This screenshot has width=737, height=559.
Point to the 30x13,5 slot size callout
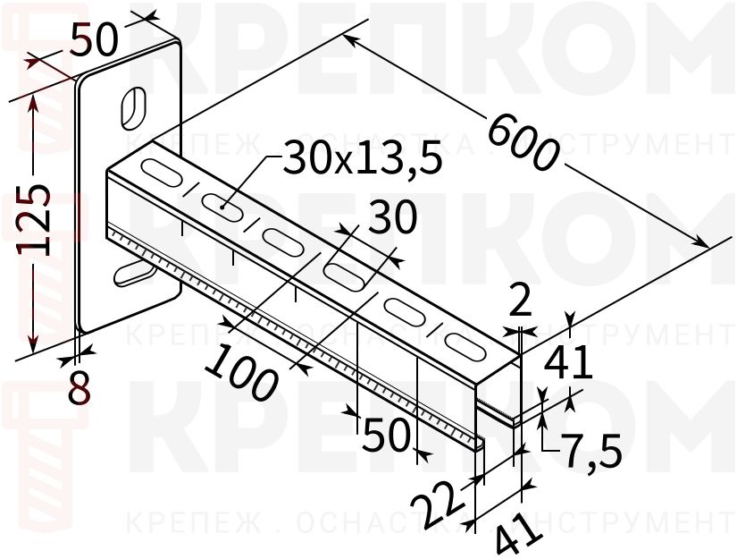(x=363, y=159)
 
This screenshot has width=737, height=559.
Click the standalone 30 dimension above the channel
(x=392, y=217)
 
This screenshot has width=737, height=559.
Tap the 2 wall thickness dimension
(x=520, y=302)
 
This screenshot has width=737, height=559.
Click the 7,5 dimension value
(x=591, y=453)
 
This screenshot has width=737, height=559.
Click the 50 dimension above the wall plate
(x=94, y=40)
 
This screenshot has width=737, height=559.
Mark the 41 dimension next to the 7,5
(x=568, y=363)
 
